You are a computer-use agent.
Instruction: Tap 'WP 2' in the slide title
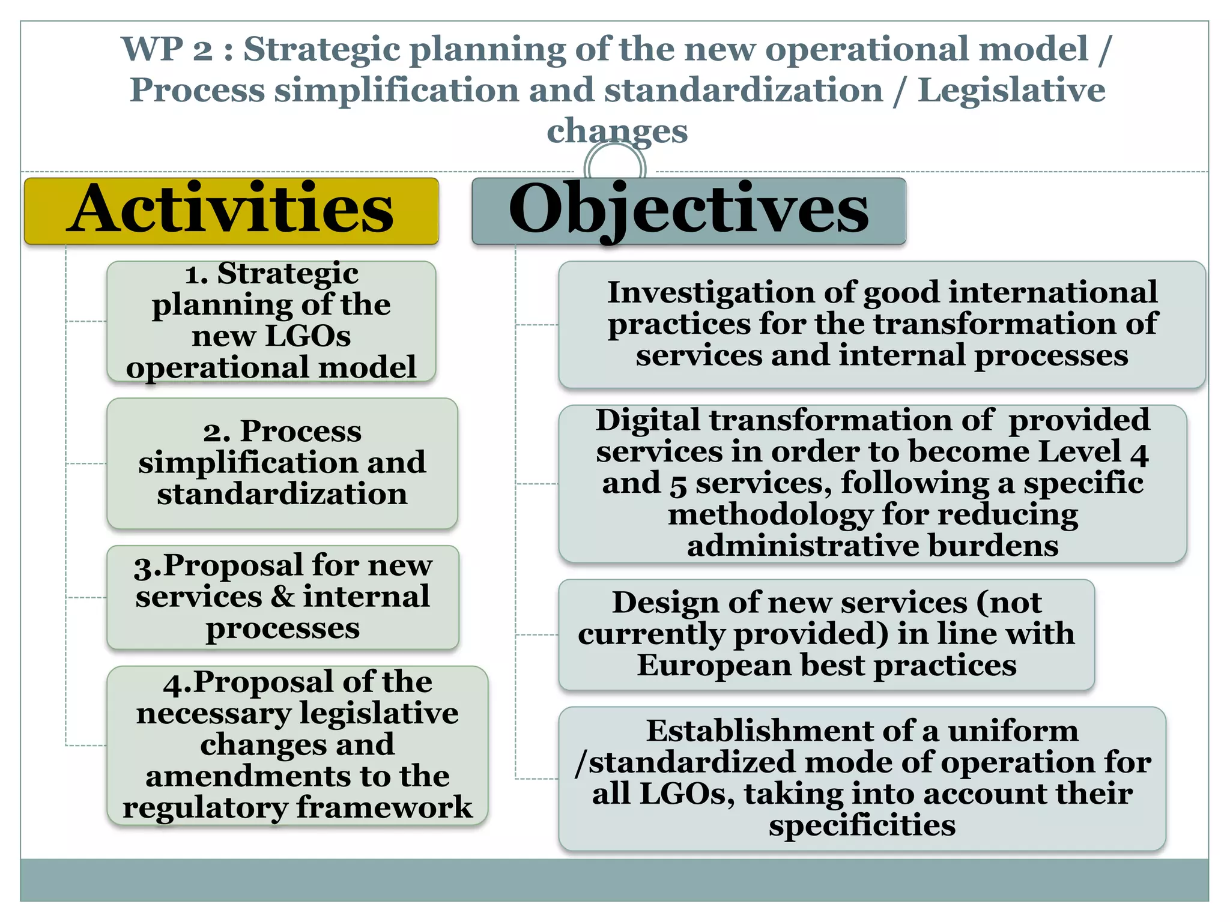coord(167,49)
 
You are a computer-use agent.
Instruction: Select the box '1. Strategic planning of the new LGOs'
coord(271,321)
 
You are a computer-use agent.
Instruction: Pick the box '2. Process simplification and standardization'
coord(282,463)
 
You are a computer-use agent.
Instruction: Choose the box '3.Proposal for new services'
coord(282,597)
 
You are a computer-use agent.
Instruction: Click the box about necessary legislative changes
coord(297,745)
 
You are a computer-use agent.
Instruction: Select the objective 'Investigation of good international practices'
coord(882,324)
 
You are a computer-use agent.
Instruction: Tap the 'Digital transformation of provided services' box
coord(872,483)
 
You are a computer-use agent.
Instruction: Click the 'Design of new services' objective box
coord(826,634)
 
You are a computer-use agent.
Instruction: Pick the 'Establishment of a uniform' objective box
coord(862,778)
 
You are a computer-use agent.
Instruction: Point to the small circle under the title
coord(614,165)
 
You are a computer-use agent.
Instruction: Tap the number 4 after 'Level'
coord(1139,453)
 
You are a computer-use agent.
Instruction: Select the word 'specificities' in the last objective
coord(862,825)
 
